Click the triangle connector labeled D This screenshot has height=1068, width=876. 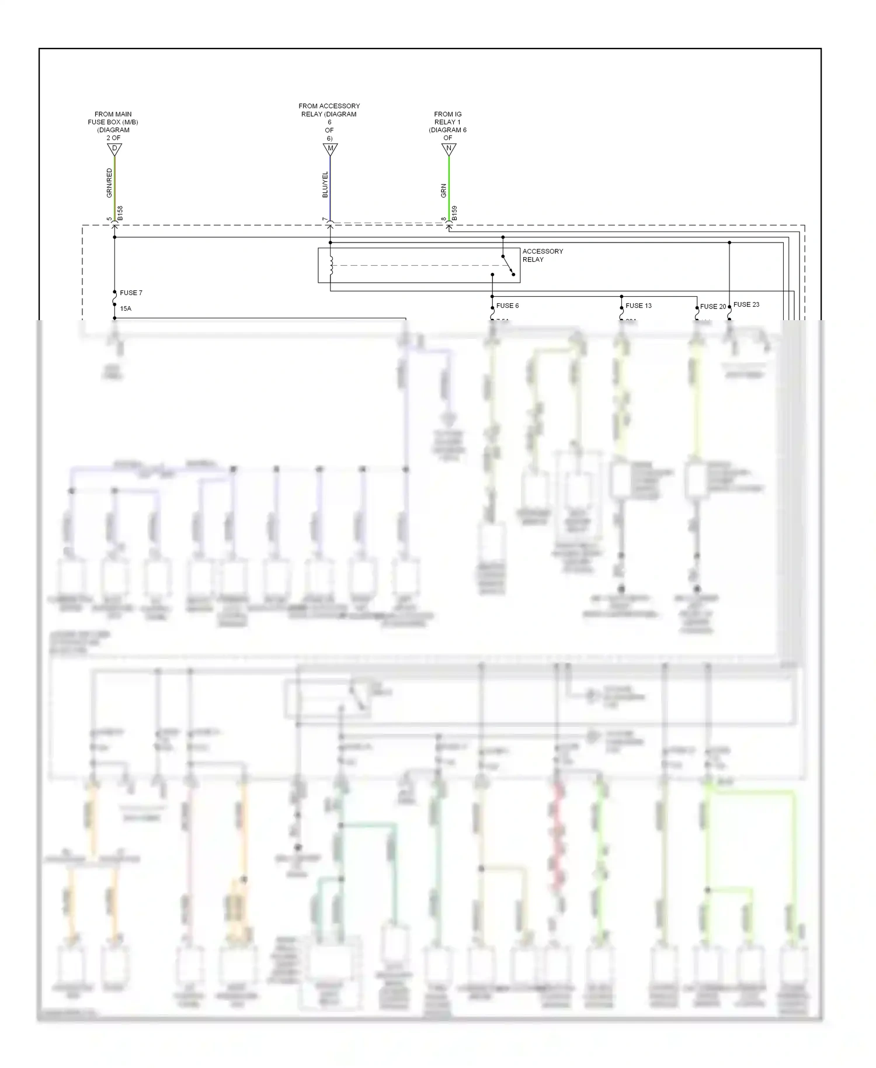click(114, 149)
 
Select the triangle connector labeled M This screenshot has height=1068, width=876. click(330, 149)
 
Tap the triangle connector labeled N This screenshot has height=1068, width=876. click(449, 149)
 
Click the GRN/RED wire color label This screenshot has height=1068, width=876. click(109, 183)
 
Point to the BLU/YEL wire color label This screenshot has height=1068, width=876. click(325, 185)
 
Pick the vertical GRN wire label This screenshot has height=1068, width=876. click(443, 190)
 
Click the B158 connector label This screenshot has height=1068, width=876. click(120, 213)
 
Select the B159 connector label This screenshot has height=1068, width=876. click(454, 213)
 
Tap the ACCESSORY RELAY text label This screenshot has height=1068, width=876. click(542, 255)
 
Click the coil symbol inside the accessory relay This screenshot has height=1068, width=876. click(331, 266)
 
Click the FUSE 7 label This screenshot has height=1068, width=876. click(131, 293)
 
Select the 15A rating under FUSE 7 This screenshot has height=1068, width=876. click(126, 308)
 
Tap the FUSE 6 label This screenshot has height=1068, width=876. click(507, 306)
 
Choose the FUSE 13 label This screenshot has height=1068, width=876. click(638, 306)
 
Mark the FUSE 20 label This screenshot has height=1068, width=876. click(713, 307)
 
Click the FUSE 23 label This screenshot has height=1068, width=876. click(746, 304)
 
